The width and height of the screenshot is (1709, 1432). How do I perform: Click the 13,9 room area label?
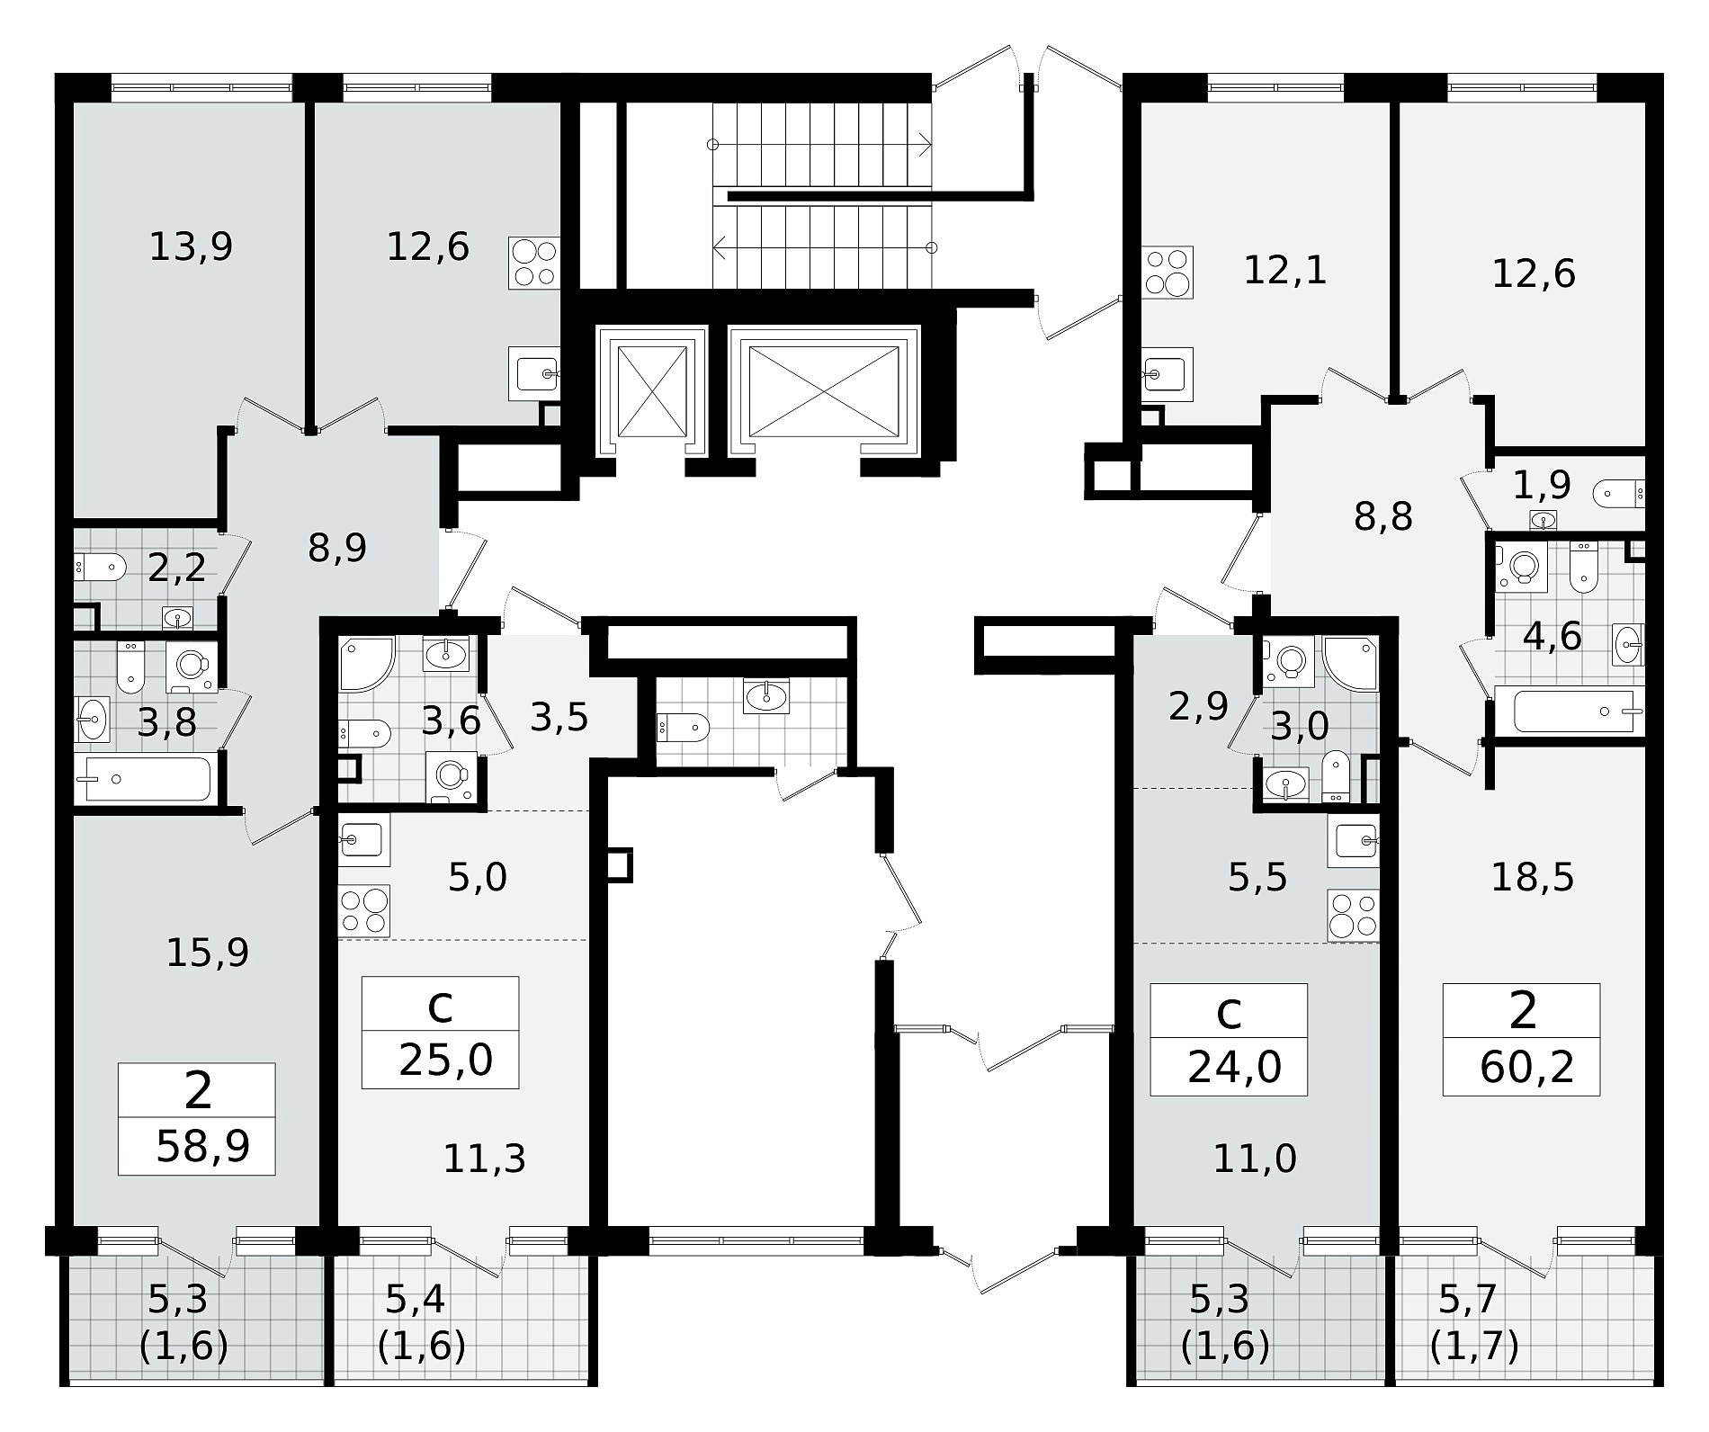(191, 246)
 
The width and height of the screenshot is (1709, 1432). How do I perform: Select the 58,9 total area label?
(202, 1146)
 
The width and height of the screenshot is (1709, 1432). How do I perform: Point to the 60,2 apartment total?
(1527, 1068)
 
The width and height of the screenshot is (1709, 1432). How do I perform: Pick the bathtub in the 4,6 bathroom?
(1579, 711)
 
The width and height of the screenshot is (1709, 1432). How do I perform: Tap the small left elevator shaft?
(649, 390)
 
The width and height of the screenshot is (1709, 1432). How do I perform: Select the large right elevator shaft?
(824, 390)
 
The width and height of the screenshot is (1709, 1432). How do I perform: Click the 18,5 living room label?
(1533, 877)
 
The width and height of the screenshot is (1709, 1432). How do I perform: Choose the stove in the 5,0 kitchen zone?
(364, 911)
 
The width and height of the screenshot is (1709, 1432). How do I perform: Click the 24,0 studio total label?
(1234, 1068)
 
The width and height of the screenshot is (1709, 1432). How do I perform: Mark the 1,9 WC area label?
(1542, 486)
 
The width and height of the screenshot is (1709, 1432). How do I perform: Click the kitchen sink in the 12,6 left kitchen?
(534, 372)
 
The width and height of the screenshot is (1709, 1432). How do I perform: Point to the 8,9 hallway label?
(337, 547)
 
